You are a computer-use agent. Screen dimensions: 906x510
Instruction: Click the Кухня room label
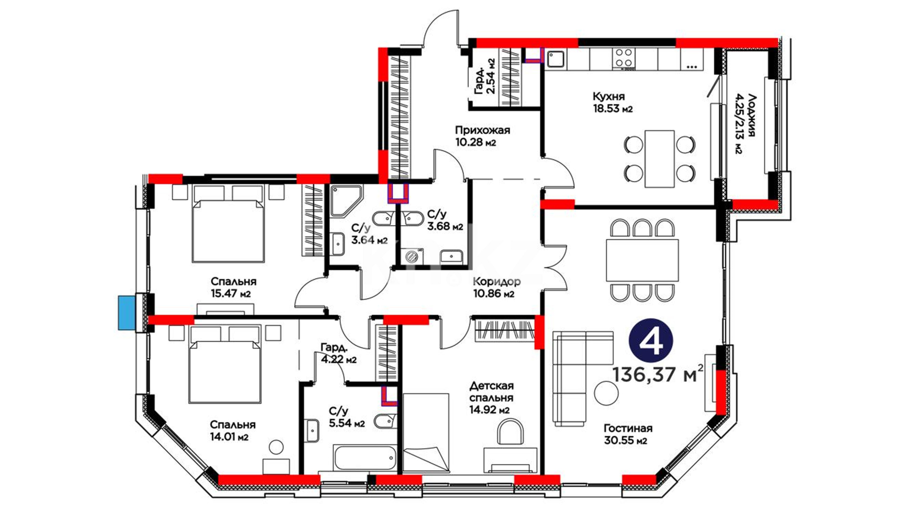608,96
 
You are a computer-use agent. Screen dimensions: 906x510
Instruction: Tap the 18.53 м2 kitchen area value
612,109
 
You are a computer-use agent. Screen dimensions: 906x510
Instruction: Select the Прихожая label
482,130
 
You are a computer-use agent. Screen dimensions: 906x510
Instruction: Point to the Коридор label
496,281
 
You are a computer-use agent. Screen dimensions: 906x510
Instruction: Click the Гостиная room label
628,428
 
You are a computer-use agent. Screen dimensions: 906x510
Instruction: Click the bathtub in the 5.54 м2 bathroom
365,457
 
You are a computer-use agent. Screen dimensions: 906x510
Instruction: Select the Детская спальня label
491,392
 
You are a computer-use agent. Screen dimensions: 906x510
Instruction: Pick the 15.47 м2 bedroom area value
231,294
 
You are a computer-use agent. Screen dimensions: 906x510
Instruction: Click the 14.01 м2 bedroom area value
229,437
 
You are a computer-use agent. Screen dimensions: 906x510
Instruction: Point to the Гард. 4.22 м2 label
338,354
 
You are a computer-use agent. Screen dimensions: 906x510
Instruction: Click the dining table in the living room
642,260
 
